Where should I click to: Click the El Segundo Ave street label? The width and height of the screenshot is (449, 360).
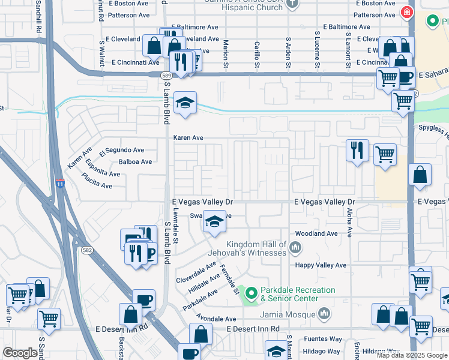[122, 150]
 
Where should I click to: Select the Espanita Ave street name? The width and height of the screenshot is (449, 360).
[102, 169]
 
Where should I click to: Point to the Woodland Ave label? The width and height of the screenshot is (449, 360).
[316, 233]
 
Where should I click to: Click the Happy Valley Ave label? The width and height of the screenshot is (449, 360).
[320, 265]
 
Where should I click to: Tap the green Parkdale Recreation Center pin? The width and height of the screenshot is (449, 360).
[252, 294]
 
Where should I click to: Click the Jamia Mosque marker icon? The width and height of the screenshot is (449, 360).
[324, 313]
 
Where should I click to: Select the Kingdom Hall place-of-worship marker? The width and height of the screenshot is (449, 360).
[295, 247]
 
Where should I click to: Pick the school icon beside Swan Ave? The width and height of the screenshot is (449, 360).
[214, 222]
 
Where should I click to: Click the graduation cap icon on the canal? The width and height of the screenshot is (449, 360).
[185, 103]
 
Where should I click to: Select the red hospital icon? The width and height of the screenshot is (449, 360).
[407, 12]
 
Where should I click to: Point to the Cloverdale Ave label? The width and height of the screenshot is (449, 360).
[196, 272]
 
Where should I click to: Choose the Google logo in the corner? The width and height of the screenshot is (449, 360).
[20, 353]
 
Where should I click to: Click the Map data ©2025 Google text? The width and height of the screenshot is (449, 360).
[412, 355]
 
